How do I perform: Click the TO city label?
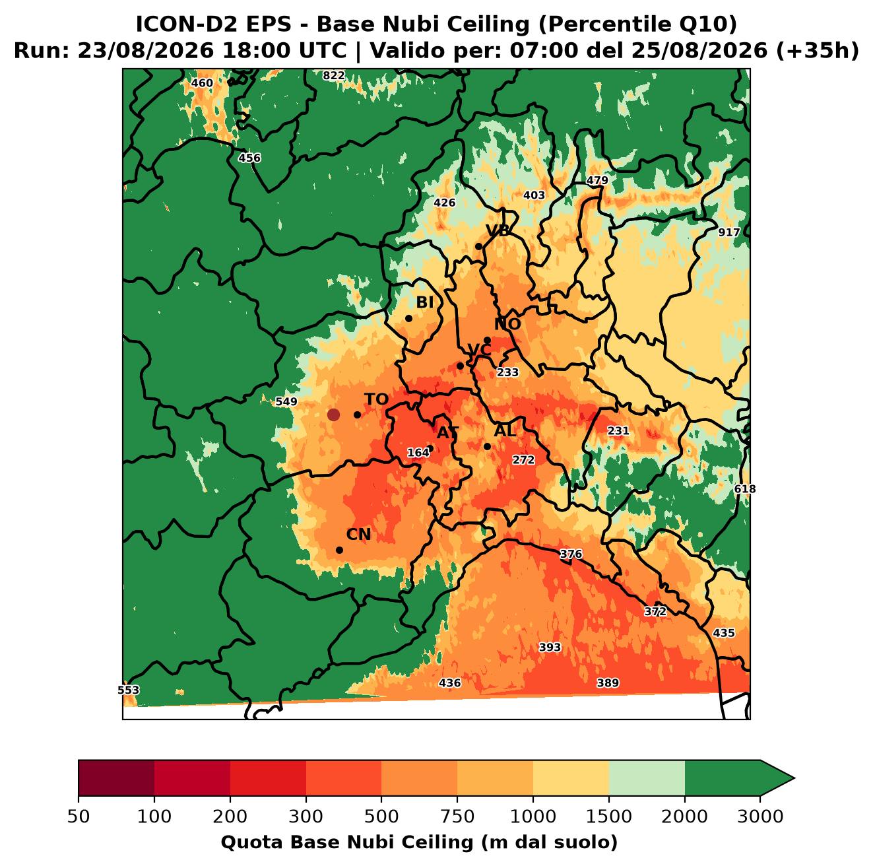point(376,399)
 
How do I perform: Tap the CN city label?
point(358,535)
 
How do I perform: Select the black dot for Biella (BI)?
point(408,319)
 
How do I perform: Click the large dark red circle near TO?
point(333,415)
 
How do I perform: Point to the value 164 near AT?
point(418,453)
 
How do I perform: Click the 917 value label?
point(728,232)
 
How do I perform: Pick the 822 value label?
point(333,76)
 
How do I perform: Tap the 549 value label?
point(286,401)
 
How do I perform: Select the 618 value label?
point(745,489)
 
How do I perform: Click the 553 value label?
point(129,690)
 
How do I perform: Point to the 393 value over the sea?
point(550,648)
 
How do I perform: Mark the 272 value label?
point(523,460)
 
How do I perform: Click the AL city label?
point(505,430)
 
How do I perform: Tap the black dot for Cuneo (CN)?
point(339,550)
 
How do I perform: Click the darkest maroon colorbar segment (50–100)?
point(116,778)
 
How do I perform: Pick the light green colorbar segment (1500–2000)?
point(647,778)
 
